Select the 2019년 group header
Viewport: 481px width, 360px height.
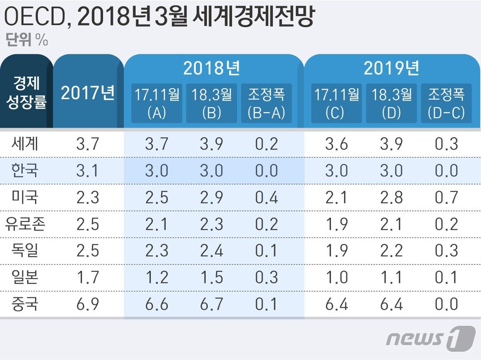pyautogui.click(x=391, y=68)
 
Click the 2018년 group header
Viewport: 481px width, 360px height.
pyautogui.click(x=211, y=68)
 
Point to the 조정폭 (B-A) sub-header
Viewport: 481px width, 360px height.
pyautogui.click(x=266, y=103)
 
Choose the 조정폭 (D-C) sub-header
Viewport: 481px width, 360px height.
pyautogui.click(x=446, y=103)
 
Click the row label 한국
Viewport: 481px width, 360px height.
pyautogui.click(x=26, y=170)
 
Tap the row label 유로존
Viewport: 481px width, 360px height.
pyautogui.click(x=26, y=224)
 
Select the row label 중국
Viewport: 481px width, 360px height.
pyautogui.click(x=26, y=304)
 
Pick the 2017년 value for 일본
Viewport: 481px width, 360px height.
pyautogui.click(x=87, y=277)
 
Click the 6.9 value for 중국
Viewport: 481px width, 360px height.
pyautogui.click(x=87, y=304)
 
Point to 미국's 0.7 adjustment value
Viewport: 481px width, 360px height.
pyautogui.click(x=446, y=197)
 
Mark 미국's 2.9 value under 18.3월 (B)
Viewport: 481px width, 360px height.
pyautogui.click(x=211, y=197)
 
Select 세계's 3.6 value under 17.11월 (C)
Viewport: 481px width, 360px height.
pyautogui.click(x=336, y=144)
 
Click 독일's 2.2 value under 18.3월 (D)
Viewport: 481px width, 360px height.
pyautogui.click(x=391, y=250)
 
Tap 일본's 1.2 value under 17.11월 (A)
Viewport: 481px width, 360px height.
pyautogui.click(x=157, y=277)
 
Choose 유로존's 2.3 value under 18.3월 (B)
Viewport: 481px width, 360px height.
pyautogui.click(x=211, y=224)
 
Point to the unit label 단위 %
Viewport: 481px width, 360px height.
pyautogui.click(x=27, y=41)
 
